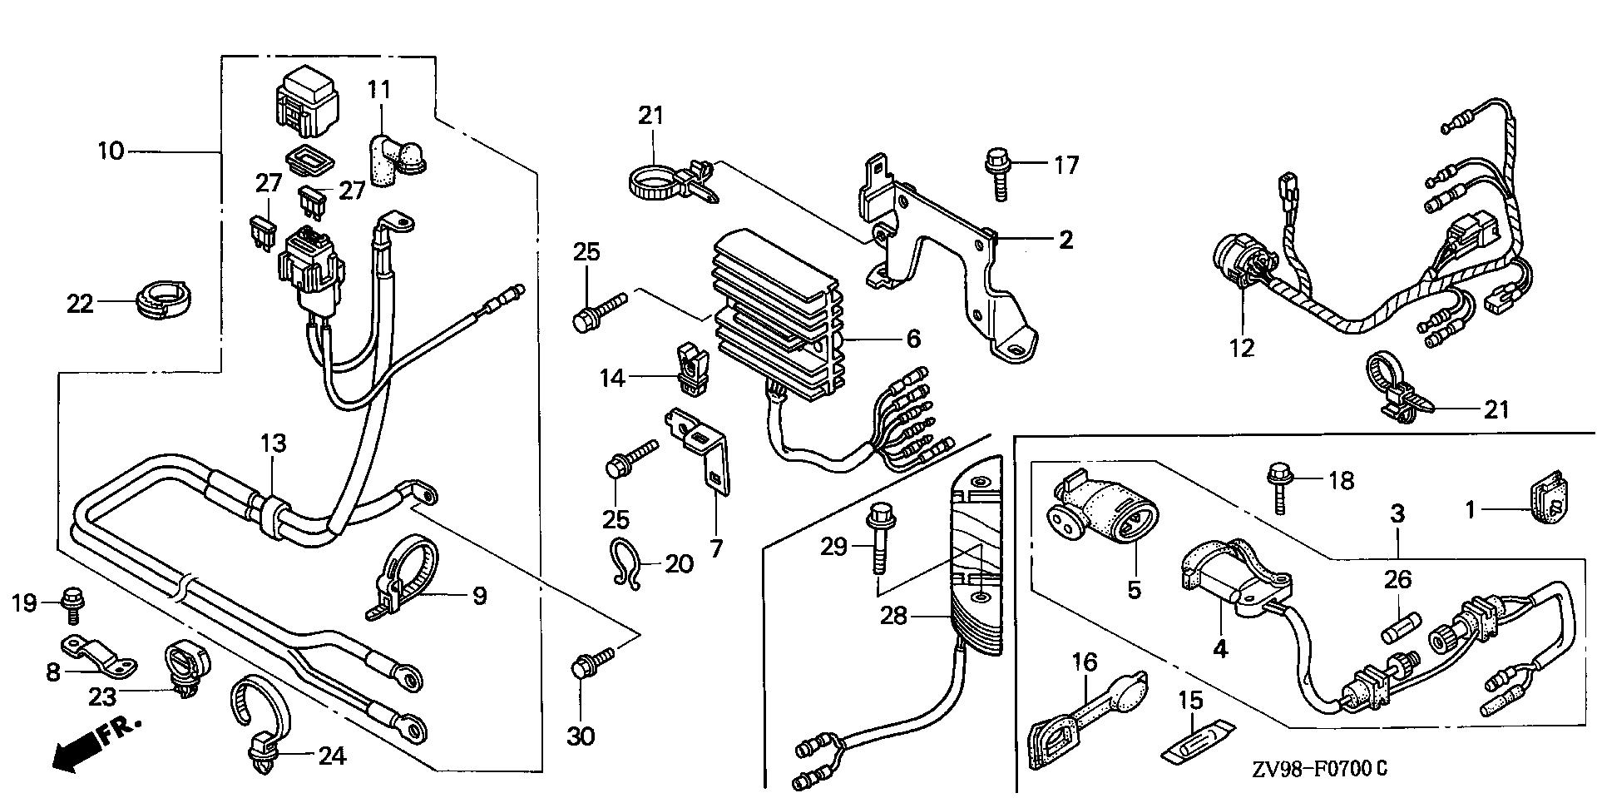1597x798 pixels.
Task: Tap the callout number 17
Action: coord(1065,166)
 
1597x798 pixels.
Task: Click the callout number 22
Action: coord(80,305)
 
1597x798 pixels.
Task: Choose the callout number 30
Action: coord(581,736)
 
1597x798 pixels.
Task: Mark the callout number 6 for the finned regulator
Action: coord(913,339)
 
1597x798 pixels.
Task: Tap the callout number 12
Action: coord(1242,349)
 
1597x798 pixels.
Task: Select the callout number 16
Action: coord(1085,663)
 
